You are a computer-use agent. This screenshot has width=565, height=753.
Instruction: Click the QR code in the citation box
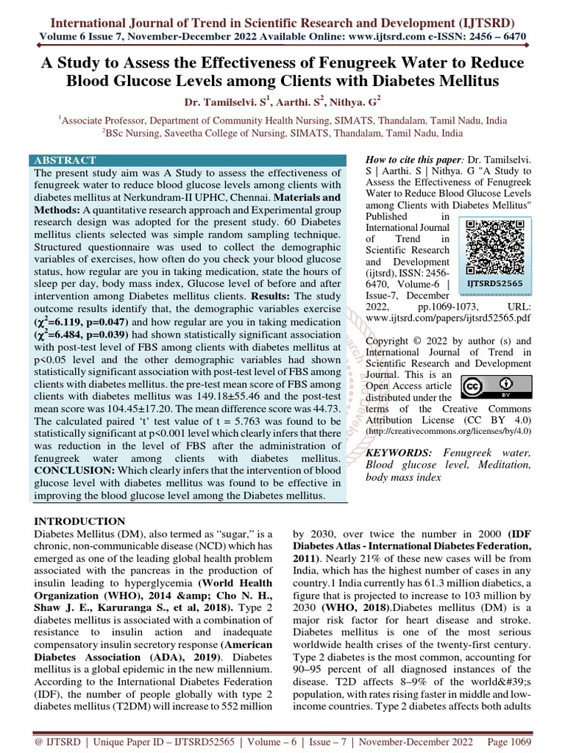coord(494,248)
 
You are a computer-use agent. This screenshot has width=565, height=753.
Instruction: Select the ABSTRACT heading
coord(65,160)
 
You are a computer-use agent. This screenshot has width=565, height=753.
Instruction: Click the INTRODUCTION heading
coord(81,521)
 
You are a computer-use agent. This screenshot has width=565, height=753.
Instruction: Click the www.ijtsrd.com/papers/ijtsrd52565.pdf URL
coord(449,321)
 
